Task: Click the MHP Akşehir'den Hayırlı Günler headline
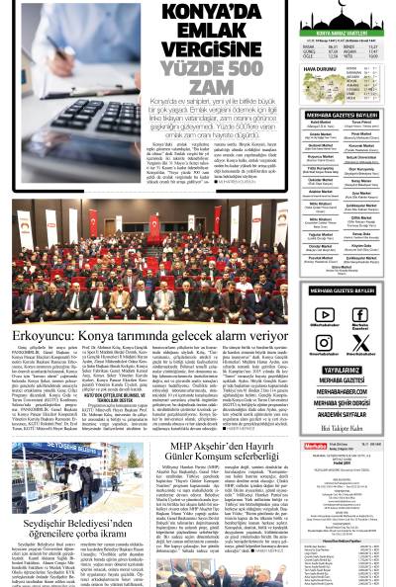point(229,451)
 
